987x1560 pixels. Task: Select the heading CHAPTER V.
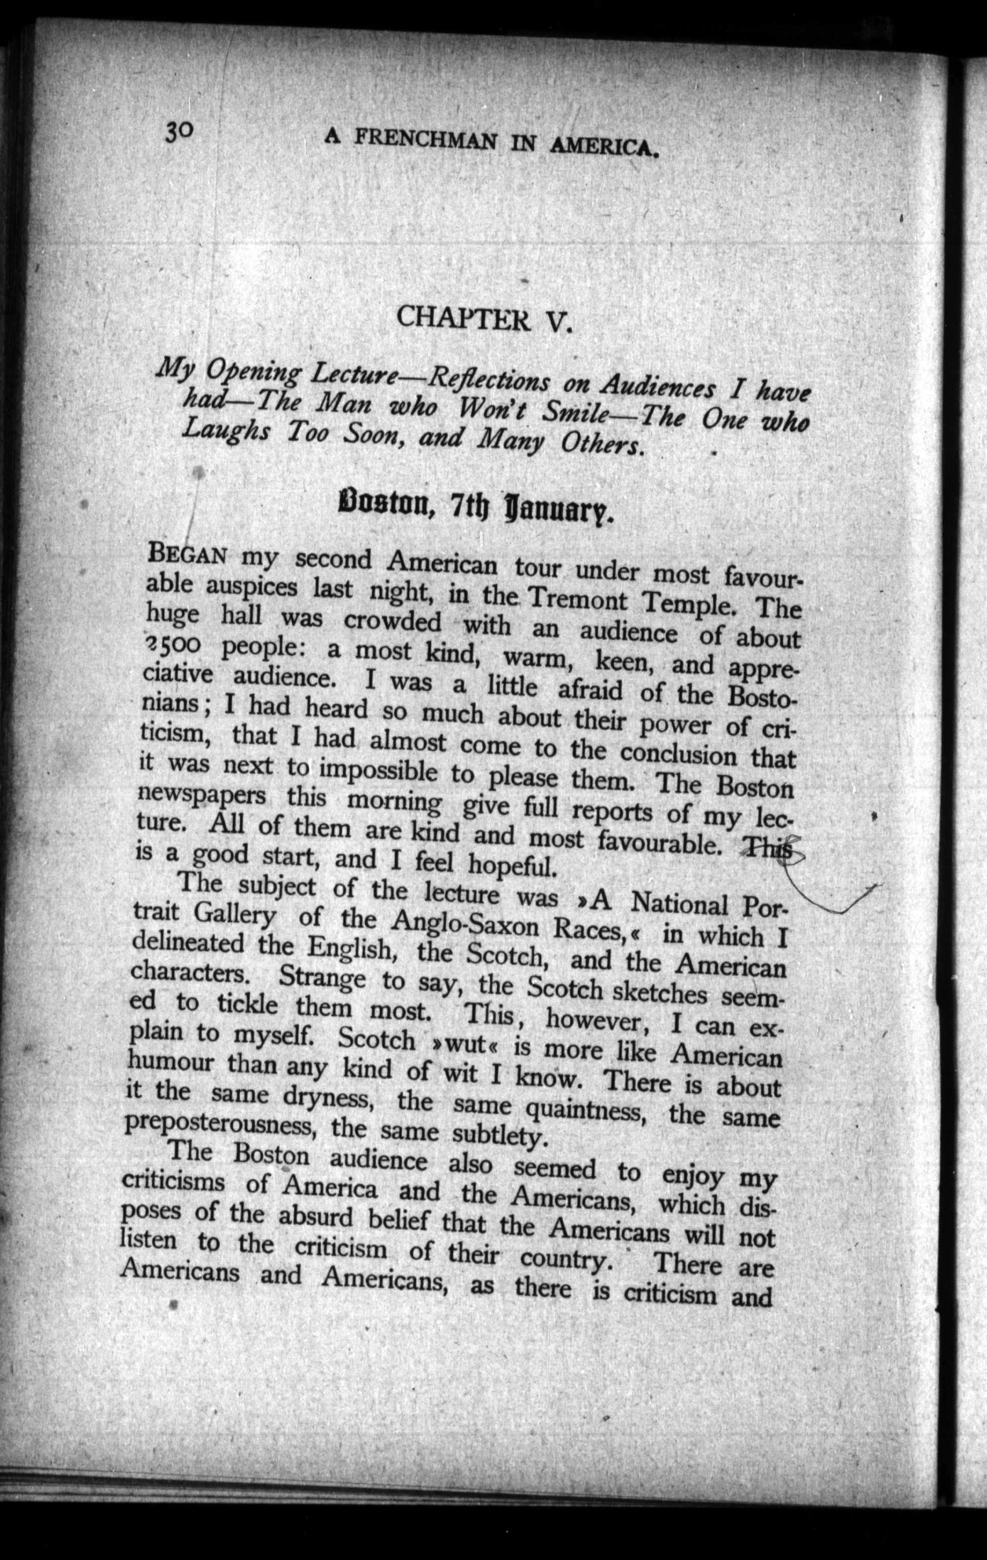point(484,319)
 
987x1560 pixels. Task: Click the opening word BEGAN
point(188,555)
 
